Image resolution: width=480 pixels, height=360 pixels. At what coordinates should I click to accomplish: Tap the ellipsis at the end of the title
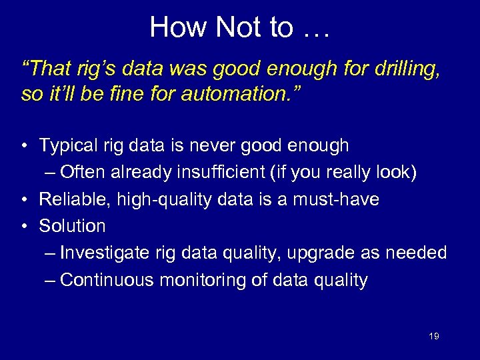(317, 27)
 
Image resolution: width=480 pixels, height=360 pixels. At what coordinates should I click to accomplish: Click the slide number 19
(433, 336)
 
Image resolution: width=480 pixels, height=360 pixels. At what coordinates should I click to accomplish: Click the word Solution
(72, 226)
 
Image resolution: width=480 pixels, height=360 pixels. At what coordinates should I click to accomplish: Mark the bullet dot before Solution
(24, 226)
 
